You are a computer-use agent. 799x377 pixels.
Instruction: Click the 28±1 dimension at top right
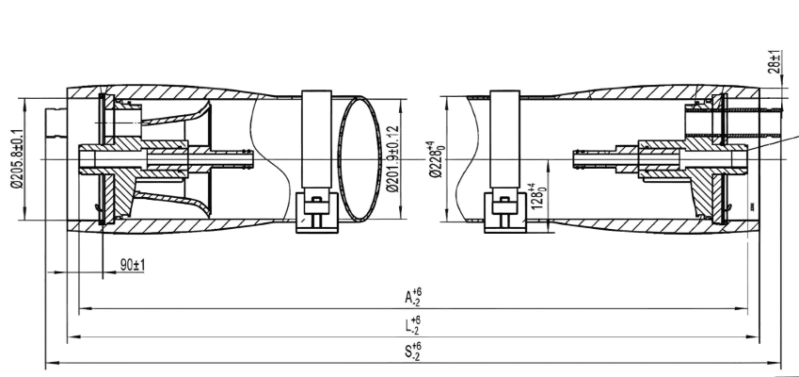775,63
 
